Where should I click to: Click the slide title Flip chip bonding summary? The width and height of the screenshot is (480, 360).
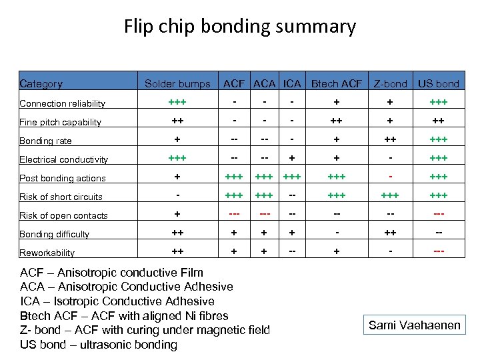[x=240, y=27]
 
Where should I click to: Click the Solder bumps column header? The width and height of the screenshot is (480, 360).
[x=177, y=84]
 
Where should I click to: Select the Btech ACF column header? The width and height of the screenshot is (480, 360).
[x=337, y=84]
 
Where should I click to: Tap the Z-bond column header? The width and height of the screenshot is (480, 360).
[x=390, y=84]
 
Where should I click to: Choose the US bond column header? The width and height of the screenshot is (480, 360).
[x=438, y=84]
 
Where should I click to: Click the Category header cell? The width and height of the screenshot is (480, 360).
[x=41, y=84]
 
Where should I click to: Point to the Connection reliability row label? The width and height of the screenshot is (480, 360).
[x=63, y=103]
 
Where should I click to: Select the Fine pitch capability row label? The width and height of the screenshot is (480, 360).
[x=61, y=122]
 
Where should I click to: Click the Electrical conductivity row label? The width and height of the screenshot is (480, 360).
[x=64, y=159]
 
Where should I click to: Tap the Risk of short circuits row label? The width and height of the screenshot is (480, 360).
[x=61, y=197]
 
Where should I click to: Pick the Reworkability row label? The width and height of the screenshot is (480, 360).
[x=47, y=253]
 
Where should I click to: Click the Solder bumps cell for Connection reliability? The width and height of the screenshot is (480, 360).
[x=177, y=103]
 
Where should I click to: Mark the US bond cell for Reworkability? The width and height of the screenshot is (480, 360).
[x=438, y=252]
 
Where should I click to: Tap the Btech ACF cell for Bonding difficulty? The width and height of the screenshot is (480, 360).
[x=337, y=233]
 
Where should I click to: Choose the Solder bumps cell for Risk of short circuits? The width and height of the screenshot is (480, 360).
[x=177, y=196]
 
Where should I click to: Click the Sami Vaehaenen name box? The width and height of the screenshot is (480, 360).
[x=415, y=325]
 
